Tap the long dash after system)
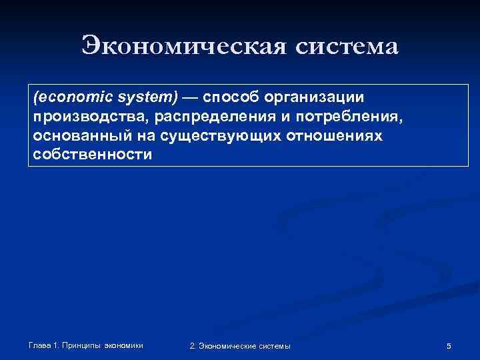[190, 97]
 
